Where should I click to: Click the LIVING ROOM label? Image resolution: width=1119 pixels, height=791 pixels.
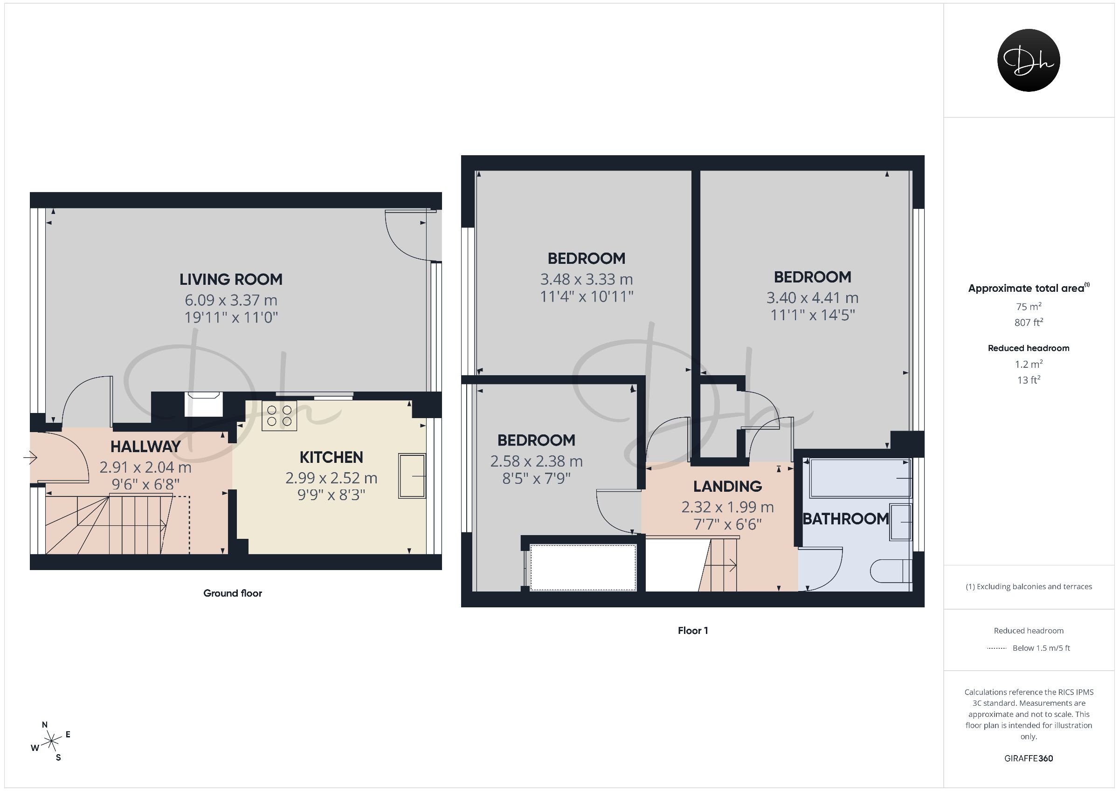coord(231,279)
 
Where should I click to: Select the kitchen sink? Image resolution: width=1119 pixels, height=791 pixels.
coord(412,476)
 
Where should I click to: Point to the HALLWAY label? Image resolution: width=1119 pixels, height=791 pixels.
coord(145,447)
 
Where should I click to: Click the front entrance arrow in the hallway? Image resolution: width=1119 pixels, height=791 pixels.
coord(30,458)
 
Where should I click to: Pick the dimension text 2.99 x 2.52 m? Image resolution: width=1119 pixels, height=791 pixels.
coord(332,478)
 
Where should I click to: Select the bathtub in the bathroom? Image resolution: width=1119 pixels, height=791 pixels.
coord(860,478)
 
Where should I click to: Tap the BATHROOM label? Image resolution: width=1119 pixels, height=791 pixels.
coord(846,519)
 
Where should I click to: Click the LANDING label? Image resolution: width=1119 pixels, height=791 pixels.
coord(728,487)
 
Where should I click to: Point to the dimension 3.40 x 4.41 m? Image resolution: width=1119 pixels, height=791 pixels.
coord(813,298)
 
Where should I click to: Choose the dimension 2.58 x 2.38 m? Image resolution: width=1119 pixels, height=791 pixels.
coord(537,461)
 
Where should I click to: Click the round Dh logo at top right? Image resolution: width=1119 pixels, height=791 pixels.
coord(1029,61)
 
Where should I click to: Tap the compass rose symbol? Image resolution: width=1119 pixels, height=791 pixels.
coord(51,742)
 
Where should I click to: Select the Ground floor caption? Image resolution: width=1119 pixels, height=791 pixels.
coord(233,593)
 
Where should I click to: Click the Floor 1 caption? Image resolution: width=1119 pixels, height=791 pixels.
coord(693,631)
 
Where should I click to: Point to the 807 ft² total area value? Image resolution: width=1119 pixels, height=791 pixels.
coord(1029,322)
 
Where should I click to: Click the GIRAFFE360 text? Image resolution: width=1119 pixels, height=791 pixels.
coord(1029,758)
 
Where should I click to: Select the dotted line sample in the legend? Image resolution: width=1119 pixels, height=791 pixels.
coord(997,648)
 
